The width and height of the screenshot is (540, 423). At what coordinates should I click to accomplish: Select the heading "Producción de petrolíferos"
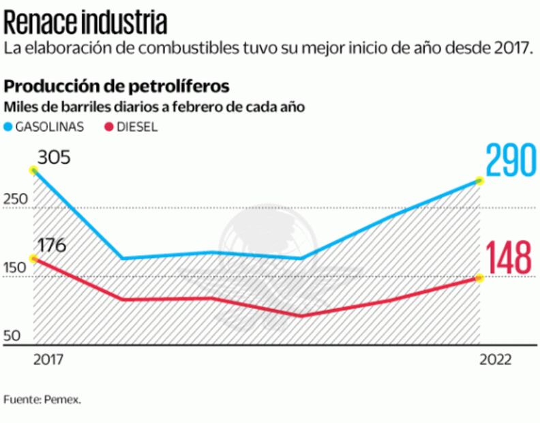point(117,87)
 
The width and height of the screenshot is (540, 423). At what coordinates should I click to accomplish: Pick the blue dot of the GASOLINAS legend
point(9,127)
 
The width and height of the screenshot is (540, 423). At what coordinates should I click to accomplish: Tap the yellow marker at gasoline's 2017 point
point(33,170)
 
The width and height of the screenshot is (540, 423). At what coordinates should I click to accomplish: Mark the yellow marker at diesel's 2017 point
point(33,259)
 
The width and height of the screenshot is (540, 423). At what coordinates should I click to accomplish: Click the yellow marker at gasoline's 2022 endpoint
point(479,181)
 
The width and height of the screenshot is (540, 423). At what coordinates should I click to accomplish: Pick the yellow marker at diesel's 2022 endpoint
point(479,278)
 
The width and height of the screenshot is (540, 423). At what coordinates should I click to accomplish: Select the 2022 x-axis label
point(494,360)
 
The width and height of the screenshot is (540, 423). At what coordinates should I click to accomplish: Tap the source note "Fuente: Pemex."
point(42,400)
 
